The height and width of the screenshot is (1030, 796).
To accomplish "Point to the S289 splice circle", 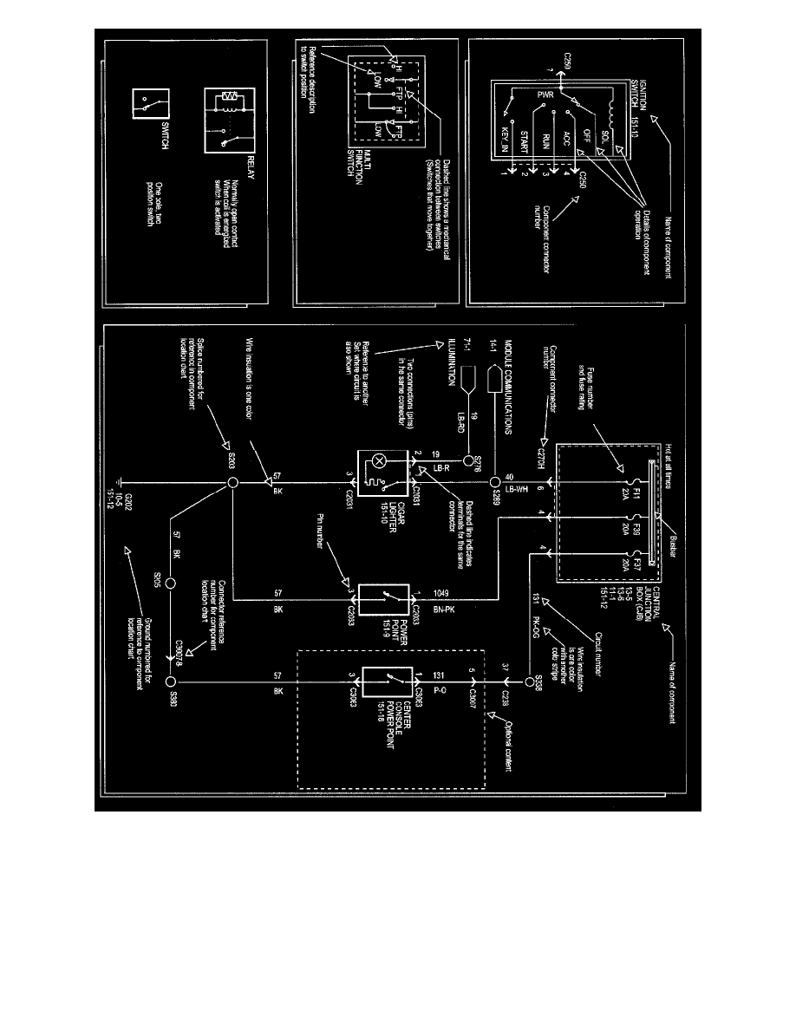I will point(493,482).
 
